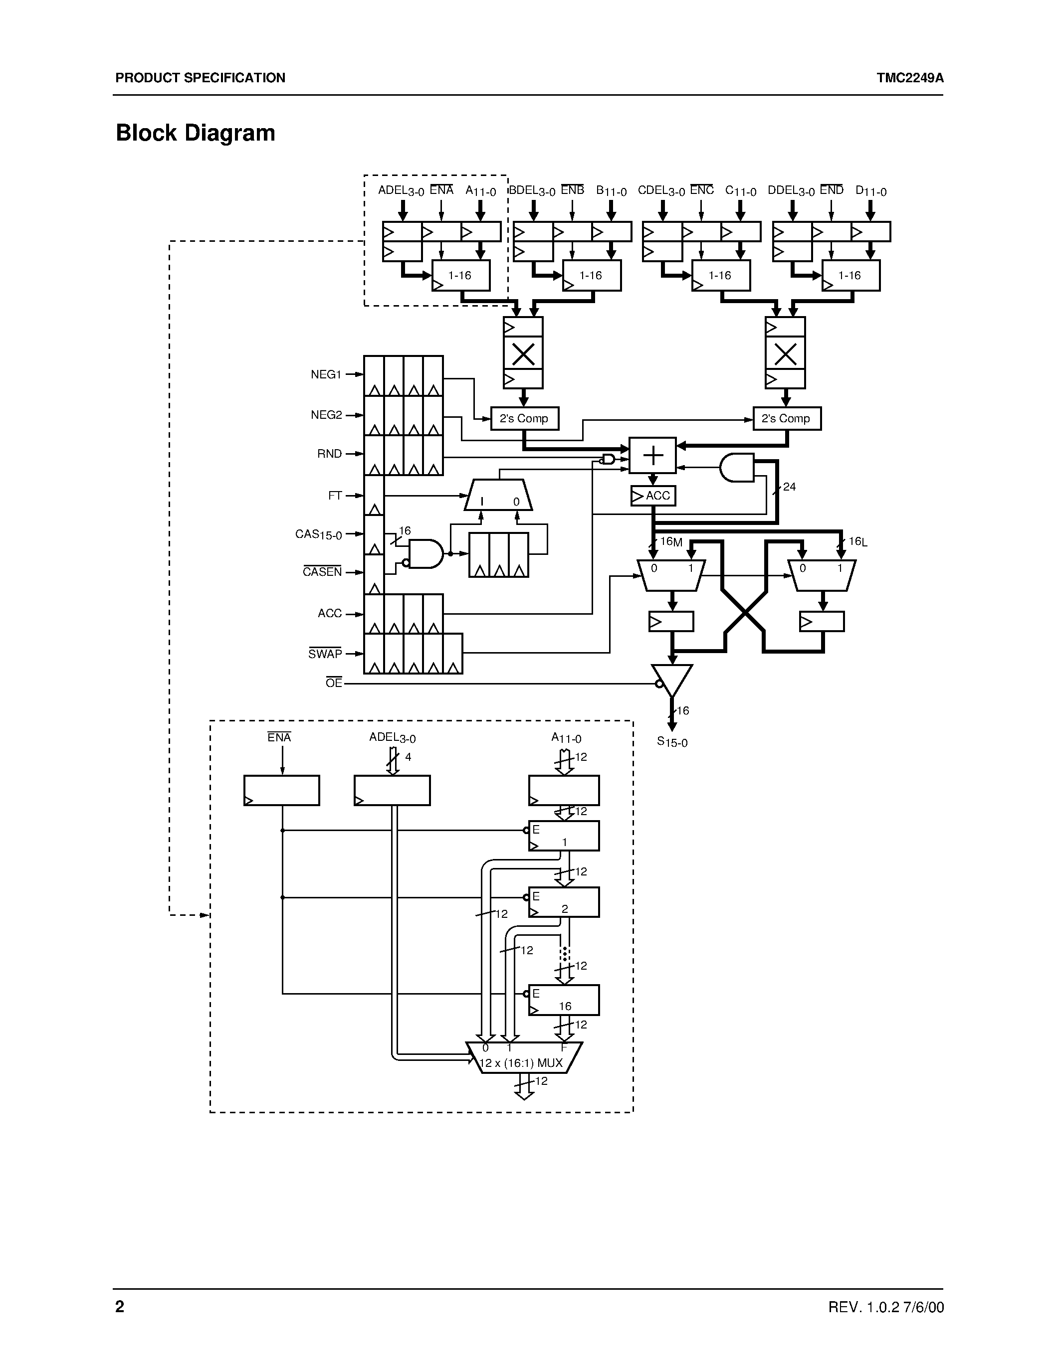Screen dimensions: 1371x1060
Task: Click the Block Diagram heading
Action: tap(196, 133)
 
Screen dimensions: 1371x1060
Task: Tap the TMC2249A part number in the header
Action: tap(910, 78)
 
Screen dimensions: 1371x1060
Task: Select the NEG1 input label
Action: tap(326, 375)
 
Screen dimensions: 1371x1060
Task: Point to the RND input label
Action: tap(330, 454)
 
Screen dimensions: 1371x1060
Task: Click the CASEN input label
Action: tap(322, 572)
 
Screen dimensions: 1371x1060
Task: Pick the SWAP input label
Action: tap(325, 654)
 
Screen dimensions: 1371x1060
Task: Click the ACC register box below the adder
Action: tap(653, 496)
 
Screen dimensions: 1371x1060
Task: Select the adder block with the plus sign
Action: tap(653, 455)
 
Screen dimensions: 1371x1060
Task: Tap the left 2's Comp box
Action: tap(524, 419)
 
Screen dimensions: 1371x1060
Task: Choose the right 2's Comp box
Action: tap(786, 419)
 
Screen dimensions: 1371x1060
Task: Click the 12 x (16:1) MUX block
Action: tap(524, 1063)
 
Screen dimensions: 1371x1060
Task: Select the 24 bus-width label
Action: tap(789, 487)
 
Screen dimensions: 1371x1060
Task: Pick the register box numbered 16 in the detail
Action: tap(564, 1000)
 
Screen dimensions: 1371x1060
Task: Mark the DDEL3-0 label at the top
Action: tap(791, 191)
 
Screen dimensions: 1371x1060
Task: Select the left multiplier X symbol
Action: tap(523, 354)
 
